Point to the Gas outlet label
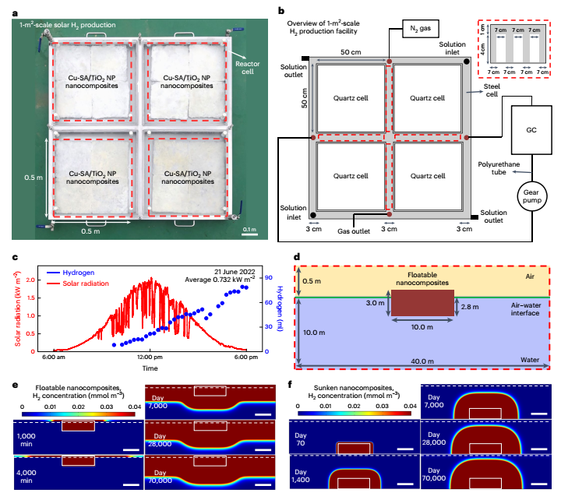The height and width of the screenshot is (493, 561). pyautogui.click(x=354, y=231)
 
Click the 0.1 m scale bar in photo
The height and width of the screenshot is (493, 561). pyautogui.click(x=249, y=229)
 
